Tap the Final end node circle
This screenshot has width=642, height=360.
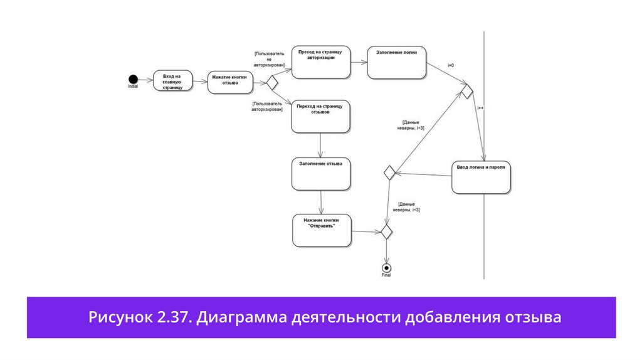coord(386,268)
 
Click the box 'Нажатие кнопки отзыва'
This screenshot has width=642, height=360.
coord(229,82)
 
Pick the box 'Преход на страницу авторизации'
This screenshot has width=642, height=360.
coord(321,62)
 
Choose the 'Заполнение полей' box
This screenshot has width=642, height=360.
coord(397,63)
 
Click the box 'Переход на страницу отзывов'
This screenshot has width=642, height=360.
coord(320,117)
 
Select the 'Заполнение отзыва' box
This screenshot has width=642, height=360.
coord(320,174)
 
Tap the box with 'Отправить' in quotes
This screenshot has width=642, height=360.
coord(322,230)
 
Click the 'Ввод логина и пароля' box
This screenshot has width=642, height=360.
coord(481,177)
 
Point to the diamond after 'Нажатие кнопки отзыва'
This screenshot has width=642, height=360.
coord(272,82)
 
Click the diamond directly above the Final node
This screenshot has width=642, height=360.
coord(386,231)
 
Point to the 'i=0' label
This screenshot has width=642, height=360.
coord(451,66)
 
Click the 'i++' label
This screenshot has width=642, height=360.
coord(480,108)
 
